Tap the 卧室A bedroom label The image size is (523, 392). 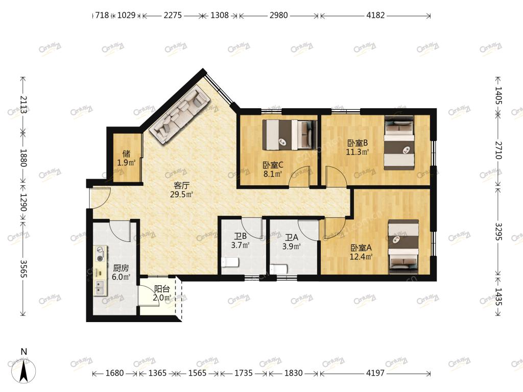pyautogui.click(x=361, y=248)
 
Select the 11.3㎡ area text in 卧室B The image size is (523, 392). pyautogui.click(x=357, y=152)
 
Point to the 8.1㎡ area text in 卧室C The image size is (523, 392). pyautogui.click(x=273, y=174)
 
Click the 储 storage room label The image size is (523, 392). pyautogui.click(x=126, y=154)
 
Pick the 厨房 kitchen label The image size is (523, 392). pyautogui.click(x=121, y=268)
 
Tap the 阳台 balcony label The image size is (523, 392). pyautogui.click(x=162, y=289)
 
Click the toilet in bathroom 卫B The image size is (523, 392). pyautogui.click(x=230, y=262)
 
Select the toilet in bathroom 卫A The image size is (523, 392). pyautogui.click(x=279, y=268)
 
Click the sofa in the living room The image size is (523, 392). pyautogui.click(x=179, y=114)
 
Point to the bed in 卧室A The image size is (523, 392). pyautogui.click(x=403, y=247)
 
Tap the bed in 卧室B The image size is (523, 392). pyautogui.click(x=399, y=143)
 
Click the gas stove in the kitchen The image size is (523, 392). pyautogui.click(x=100, y=254)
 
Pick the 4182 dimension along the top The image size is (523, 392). pyautogui.click(x=375, y=15)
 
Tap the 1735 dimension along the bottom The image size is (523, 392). pyautogui.click(x=244, y=373)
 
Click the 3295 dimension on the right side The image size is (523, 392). pyautogui.click(x=498, y=231)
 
